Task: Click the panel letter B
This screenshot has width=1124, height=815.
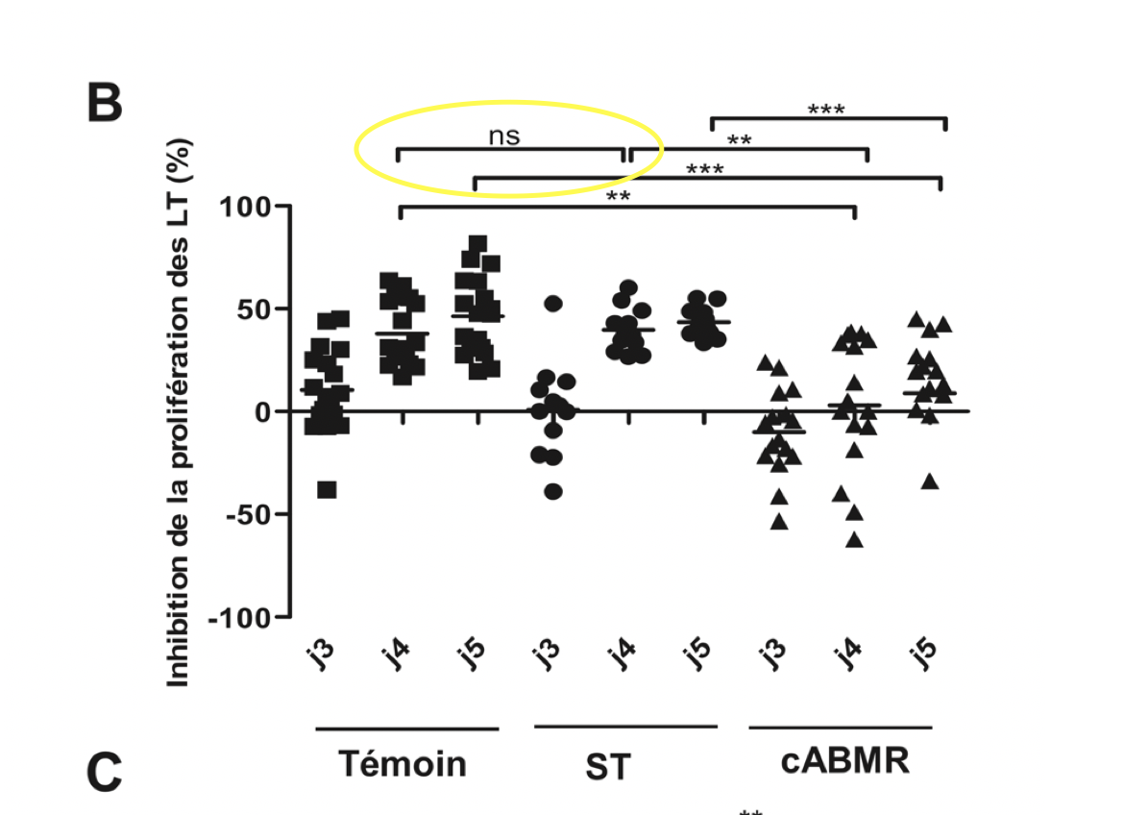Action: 105,104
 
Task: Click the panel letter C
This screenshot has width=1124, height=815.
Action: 105,773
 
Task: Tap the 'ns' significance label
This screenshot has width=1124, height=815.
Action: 503,136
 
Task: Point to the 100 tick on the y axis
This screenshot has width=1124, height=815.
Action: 248,206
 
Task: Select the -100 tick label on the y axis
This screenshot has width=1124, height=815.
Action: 242,617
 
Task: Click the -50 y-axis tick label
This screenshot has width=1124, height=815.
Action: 247,514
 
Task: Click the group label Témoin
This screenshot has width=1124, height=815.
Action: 403,764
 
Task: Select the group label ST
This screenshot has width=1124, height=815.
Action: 607,768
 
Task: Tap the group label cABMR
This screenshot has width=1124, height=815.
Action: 845,761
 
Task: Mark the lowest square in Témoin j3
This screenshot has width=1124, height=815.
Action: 327,490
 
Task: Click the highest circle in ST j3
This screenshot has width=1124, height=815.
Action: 552,304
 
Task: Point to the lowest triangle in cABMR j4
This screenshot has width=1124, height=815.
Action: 853,540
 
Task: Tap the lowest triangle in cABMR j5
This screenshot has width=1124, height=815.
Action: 929,482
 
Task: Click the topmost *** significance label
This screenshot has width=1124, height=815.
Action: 826,110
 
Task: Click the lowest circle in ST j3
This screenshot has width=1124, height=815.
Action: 552,492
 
